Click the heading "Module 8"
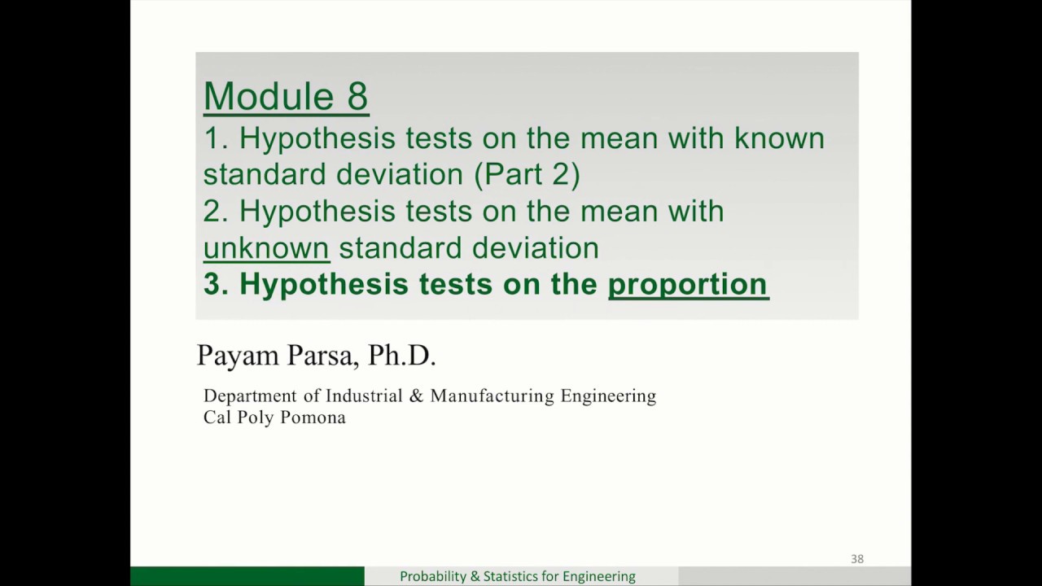(286, 96)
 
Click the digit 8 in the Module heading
(357, 96)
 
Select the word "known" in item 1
(779, 138)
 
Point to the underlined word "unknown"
(266, 247)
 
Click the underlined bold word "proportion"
(687, 283)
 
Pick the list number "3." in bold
(216, 283)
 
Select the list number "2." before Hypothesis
(216, 211)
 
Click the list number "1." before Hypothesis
(216, 138)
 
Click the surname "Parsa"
(323, 356)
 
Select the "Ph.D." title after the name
(402, 356)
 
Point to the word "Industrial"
(364, 396)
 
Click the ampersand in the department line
(417, 396)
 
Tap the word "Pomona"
(313, 418)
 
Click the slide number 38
(856, 559)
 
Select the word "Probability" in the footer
(433, 576)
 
